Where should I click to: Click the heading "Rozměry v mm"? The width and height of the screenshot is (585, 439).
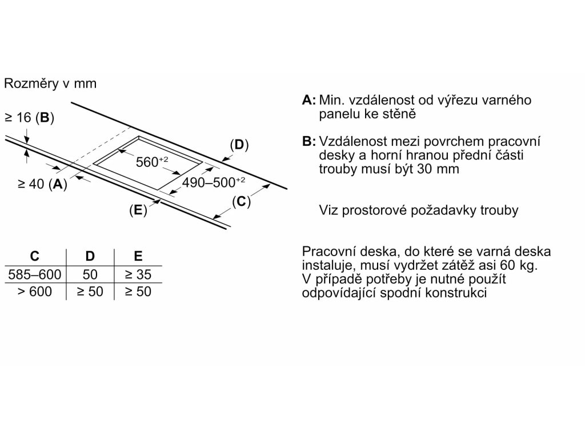pos(50,83)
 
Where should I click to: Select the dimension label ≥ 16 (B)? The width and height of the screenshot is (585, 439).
pos(29,118)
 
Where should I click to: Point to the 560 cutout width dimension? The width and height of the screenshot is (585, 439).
pos(152,162)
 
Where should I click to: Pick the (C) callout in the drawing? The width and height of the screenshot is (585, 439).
pos(242,201)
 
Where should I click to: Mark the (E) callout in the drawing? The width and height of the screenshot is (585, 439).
pos(138,210)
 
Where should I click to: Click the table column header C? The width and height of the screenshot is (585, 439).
pos(34,257)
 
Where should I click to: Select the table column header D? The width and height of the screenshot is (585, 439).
pos(90,257)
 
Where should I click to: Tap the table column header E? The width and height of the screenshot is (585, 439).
pos(138,257)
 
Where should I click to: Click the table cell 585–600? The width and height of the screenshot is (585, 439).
pos(34,274)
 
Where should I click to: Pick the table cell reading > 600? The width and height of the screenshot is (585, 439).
pos(34,292)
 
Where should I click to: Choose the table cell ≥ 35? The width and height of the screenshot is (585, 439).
pos(137,274)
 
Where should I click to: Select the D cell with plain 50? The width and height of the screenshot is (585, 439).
pos(90,274)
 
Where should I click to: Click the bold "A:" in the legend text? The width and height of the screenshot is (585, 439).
pos(309,100)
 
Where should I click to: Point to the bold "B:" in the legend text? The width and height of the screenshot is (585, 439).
pos(309,141)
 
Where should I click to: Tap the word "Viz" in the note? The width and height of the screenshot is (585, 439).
pos(329,210)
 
